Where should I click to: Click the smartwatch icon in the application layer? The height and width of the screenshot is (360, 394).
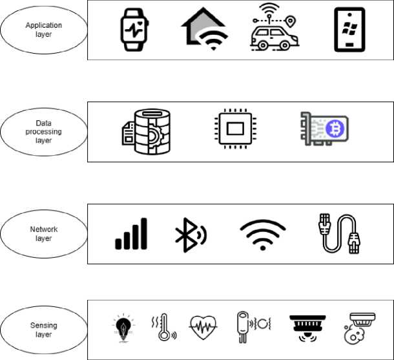click(x=134, y=30)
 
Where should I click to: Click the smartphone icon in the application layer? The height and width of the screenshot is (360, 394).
click(x=349, y=30)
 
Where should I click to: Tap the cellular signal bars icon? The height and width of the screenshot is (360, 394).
click(x=131, y=233)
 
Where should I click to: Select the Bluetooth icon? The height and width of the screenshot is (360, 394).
click(x=191, y=233)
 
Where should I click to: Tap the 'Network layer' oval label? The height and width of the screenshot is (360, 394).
click(x=44, y=233)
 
